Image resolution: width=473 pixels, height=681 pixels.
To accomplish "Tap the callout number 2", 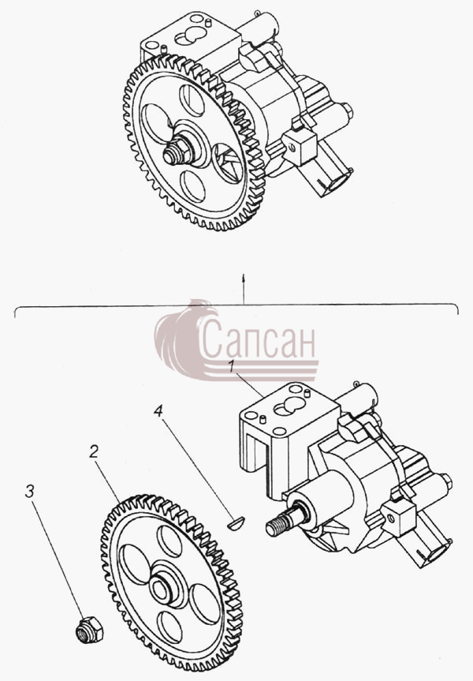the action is (94, 451).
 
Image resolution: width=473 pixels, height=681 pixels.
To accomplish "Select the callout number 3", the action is (29, 491).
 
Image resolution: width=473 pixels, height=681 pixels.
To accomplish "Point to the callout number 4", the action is (158, 410).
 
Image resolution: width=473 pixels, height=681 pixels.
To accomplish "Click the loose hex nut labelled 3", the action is (89, 630).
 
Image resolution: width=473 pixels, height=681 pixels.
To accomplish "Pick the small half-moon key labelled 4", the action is (236, 522).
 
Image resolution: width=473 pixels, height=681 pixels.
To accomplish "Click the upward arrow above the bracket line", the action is (244, 289).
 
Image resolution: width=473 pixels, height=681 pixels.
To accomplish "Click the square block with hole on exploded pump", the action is (397, 518).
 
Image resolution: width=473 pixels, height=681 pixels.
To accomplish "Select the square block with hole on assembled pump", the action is (299, 147).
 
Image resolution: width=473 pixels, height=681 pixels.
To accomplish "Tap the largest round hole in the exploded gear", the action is (136, 563).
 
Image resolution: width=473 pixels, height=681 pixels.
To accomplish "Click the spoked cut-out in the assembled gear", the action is (229, 163).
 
